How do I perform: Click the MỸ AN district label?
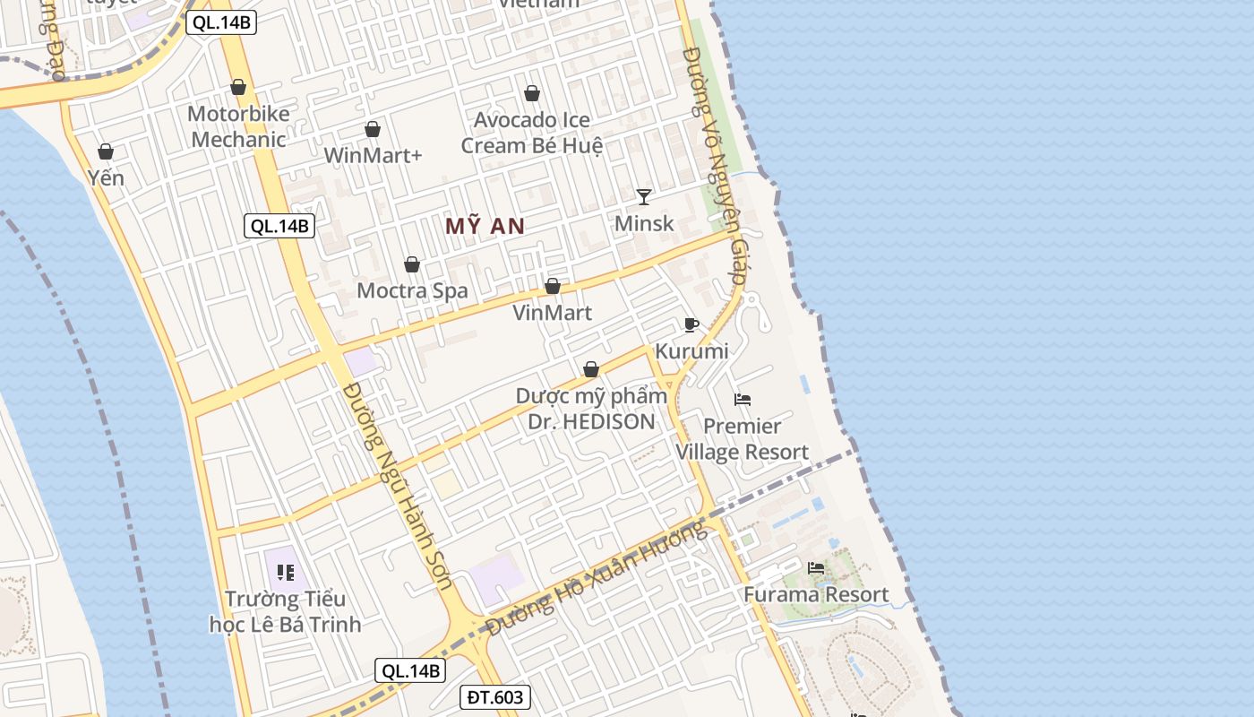click(x=485, y=227)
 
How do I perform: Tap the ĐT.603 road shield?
click(x=494, y=697)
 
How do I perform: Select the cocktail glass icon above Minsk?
click(x=643, y=196)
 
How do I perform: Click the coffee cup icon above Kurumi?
click(x=691, y=324)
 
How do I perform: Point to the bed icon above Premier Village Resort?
click(x=743, y=399)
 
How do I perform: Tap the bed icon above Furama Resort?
click(x=816, y=567)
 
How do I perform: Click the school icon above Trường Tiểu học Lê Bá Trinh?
click(x=286, y=572)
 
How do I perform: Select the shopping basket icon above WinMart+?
click(x=373, y=130)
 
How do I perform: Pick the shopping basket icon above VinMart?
click(x=553, y=286)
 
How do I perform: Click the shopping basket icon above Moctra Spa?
click(x=412, y=264)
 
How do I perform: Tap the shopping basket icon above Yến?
click(x=106, y=151)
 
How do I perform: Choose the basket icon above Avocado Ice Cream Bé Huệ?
click(x=532, y=93)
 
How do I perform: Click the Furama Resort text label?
click(x=816, y=594)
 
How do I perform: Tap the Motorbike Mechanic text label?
click(x=239, y=126)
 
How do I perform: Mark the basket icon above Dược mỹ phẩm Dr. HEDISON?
click(x=591, y=369)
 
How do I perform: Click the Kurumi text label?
click(x=691, y=350)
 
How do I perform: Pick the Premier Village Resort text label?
click(x=742, y=439)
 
